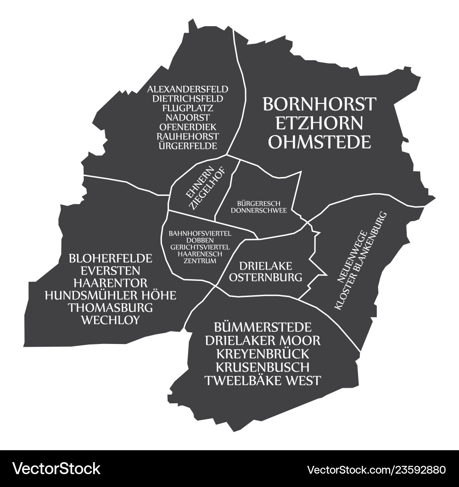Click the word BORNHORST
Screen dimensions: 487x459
pos(319,104)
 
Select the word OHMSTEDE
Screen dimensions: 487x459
pos(319,142)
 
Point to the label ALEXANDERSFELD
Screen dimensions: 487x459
pos(188,89)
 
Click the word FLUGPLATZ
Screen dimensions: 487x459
pos(188,108)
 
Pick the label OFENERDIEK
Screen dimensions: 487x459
pos(188,127)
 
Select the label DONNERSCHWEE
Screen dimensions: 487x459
pos(259,210)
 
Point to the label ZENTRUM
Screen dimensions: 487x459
pos(199,261)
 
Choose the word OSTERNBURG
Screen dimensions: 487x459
pos(265,277)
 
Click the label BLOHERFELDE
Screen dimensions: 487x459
pos(110,258)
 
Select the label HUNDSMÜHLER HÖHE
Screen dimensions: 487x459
pos(110,295)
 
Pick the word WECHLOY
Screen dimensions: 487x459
pos(110,320)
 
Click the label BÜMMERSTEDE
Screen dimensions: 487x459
pos(263,327)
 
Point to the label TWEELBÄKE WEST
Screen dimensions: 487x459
pos(263,381)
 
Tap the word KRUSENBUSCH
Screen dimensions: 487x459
pos(263,367)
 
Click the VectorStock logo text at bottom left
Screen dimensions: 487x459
pos(56,469)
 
